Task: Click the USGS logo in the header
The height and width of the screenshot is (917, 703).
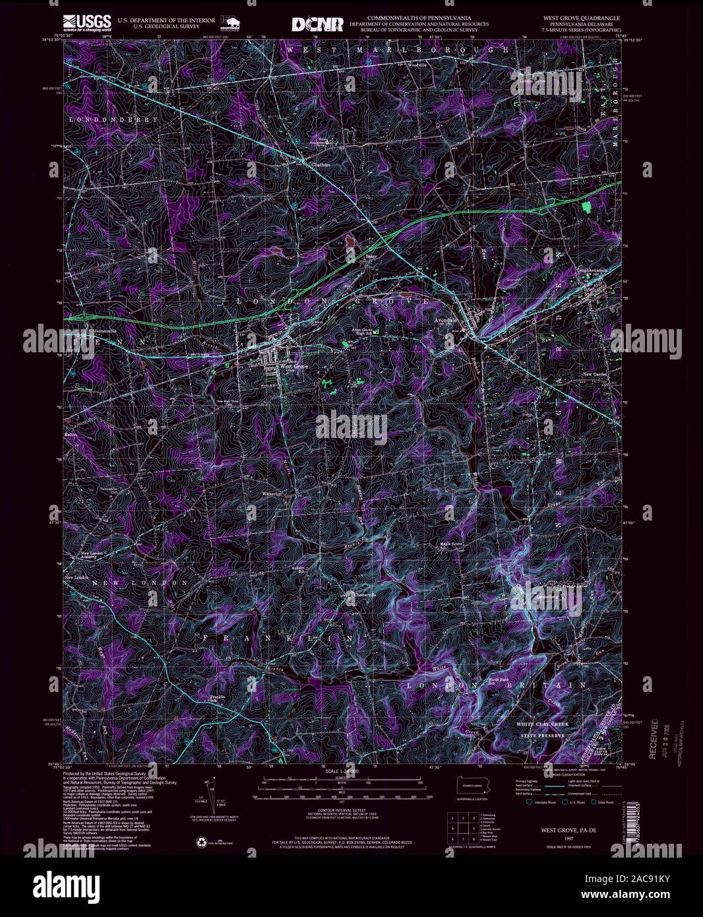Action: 86,23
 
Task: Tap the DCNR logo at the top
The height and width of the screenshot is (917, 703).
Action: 318,24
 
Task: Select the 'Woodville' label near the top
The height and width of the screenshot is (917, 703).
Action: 417,65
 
